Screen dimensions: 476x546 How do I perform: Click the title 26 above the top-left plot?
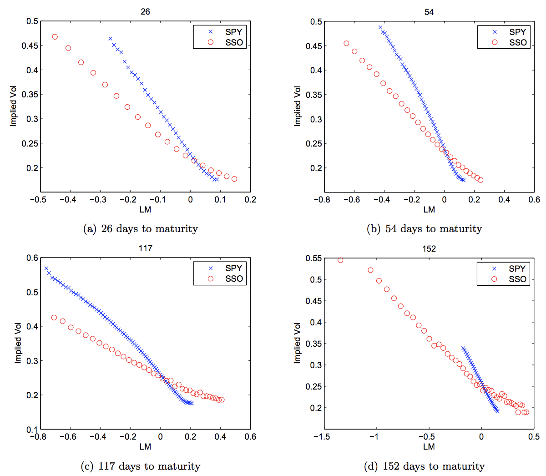click(145, 12)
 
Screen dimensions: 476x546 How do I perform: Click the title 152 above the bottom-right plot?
click(429, 248)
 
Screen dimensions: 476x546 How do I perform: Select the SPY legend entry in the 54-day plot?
click(510, 32)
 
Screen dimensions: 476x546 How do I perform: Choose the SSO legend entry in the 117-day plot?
click(226, 279)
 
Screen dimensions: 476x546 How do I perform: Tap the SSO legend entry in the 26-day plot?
click(226, 42)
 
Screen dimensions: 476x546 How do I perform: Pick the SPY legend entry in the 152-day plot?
click(510, 268)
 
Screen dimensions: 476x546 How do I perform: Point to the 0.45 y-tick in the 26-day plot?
click(30, 46)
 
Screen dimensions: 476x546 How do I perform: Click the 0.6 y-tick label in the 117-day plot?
click(32, 258)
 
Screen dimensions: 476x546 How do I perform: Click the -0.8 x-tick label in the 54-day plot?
click(322, 199)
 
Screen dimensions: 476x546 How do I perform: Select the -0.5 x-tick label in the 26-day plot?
click(38, 199)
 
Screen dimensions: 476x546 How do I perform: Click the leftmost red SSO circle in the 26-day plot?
click(55, 37)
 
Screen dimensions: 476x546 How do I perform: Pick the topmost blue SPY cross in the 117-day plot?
click(46, 268)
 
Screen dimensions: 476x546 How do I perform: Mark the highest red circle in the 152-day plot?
click(340, 260)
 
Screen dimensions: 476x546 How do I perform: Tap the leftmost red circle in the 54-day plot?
click(346, 44)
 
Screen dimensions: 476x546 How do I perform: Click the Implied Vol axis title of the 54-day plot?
click(298, 106)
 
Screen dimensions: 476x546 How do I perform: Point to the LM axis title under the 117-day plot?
click(145, 446)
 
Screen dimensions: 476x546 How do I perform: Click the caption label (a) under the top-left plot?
click(90, 228)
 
